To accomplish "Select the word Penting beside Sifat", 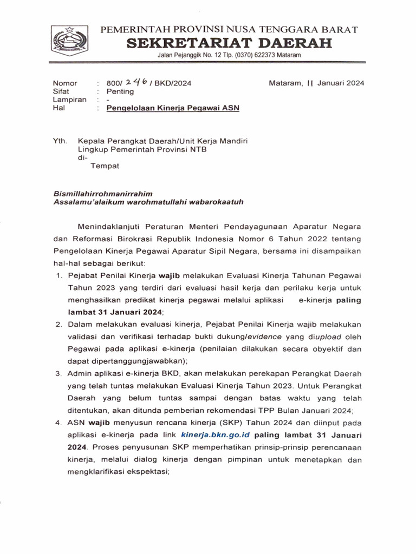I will pyautogui.click(x=120, y=91).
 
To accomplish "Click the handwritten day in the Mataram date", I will pyautogui.click(x=310, y=83).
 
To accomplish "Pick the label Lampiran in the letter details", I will pyautogui.click(x=69, y=100).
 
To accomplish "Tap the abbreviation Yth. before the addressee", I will pyautogui.click(x=60, y=141).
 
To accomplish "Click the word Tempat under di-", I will pyautogui.click(x=105, y=166).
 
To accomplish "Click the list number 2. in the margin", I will pyautogui.click(x=59, y=324).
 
